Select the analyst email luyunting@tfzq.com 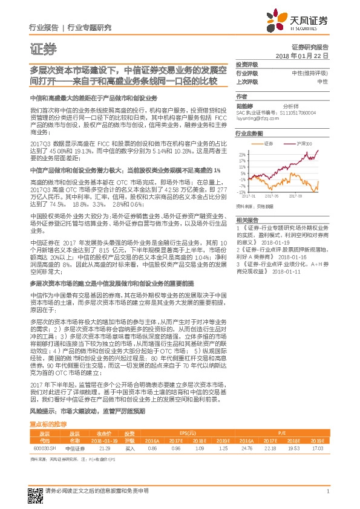click(x=256, y=119)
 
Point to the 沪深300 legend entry click(x=303, y=143)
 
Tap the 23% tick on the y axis click(x=241, y=155)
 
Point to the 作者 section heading click(x=242, y=96)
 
